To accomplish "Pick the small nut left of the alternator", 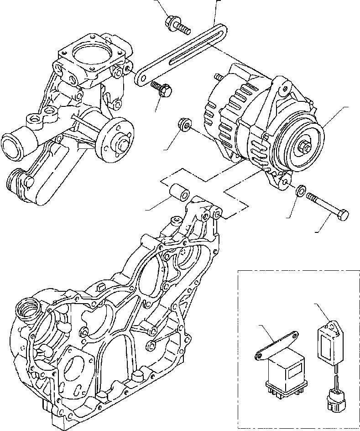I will (185, 125).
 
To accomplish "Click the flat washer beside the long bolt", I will (301, 190).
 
